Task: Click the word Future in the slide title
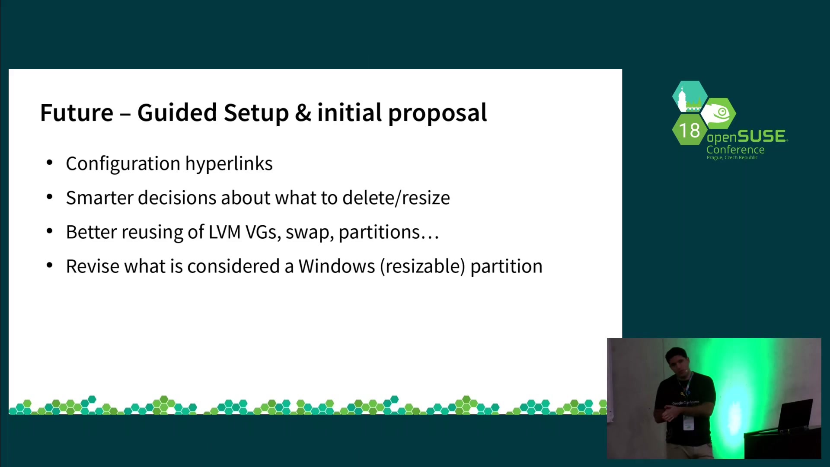coord(77,113)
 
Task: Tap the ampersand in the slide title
coord(303,113)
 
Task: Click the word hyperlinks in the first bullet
coord(229,164)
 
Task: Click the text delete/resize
coord(396,198)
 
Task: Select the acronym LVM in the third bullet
coord(224,232)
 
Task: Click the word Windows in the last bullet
coord(337,266)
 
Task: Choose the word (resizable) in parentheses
coord(423,267)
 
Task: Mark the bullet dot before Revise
coord(50,265)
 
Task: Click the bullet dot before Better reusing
coord(50,231)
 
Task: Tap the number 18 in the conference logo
coord(689,131)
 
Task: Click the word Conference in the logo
coord(735,150)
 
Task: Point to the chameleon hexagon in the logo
coord(718,113)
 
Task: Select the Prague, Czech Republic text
coord(732,158)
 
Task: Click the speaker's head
coord(677,362)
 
